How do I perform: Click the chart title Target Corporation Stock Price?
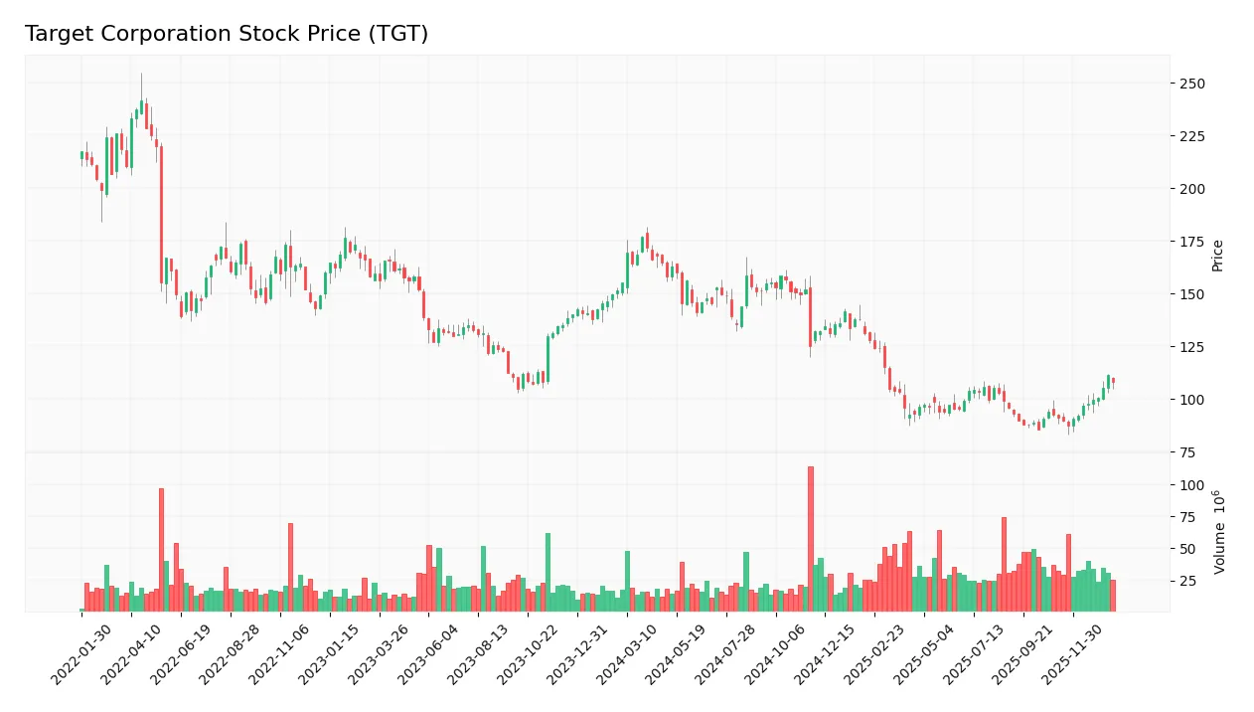227,34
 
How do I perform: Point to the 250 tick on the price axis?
1191,84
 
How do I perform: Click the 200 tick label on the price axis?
1191,189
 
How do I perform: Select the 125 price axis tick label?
1191,347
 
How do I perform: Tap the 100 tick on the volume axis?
1191,485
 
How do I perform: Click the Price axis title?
1217,256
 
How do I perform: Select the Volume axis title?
1219,532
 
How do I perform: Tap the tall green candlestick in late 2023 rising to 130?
548,359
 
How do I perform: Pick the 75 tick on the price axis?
1187,452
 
